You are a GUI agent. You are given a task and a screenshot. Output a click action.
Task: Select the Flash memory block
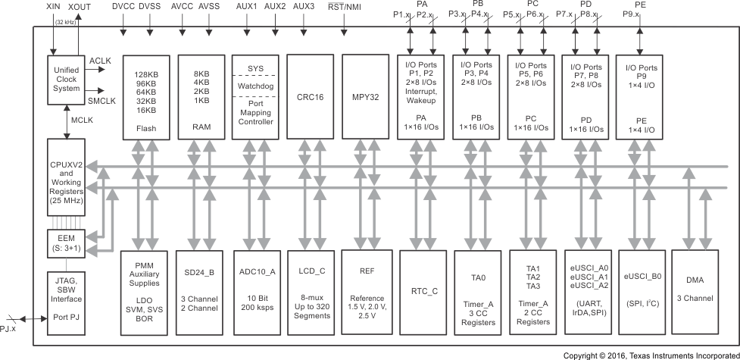[145, 96]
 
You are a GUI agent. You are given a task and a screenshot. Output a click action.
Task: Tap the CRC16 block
[311, 96]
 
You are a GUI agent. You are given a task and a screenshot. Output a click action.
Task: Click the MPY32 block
[365, 96]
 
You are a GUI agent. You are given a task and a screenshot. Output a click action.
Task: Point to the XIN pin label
[55, 6]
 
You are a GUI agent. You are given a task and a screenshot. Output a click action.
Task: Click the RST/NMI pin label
[345, 6]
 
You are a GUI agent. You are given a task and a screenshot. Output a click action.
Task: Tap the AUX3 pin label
[303, 6]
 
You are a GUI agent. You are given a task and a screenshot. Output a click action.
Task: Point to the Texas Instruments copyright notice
[651, 354]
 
